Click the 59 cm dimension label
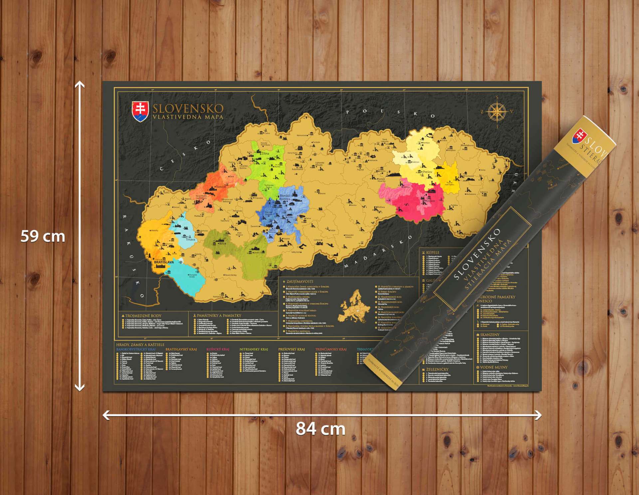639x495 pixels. [x=43, y=236]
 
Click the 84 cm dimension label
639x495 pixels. [x=320, y=428]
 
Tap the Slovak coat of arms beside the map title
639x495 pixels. [x=140, y=111]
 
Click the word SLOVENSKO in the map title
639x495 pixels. [x=188, y=109]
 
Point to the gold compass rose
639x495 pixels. [x=497, y=111]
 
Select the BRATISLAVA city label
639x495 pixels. [x=164, y=262]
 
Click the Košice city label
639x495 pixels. [x=430, y=201]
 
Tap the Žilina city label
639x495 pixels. [x=265, y=153]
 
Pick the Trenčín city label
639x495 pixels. [x=221, y=187]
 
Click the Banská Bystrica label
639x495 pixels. [x=285, y=197]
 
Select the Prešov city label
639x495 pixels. [x=427, y=172]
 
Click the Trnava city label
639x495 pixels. [x=190, y=239]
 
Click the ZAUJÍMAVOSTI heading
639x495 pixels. [x=300, y=282]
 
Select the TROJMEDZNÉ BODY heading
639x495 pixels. [x=143, y=316]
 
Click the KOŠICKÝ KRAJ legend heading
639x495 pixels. [x=218, y=349]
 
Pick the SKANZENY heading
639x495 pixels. [x=490, y=335]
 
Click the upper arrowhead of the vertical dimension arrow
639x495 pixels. [x=80, y=85]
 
